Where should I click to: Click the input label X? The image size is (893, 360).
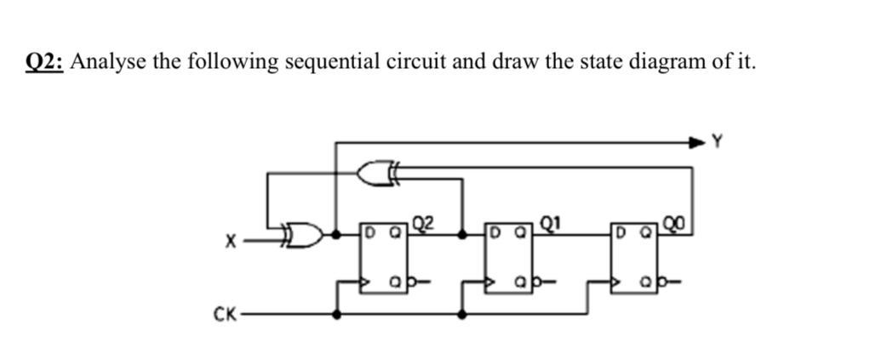[x=228, y=243]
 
